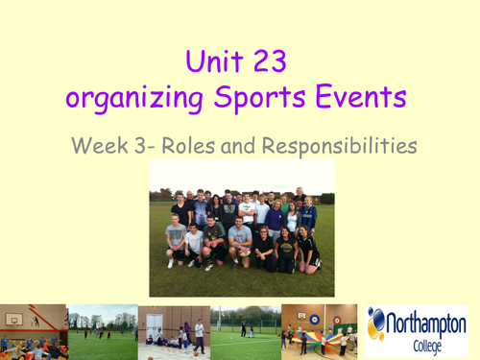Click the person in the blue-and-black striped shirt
pos(309,215)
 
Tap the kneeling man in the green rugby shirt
pos(216,240)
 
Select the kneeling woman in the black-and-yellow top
pos(308,252)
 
